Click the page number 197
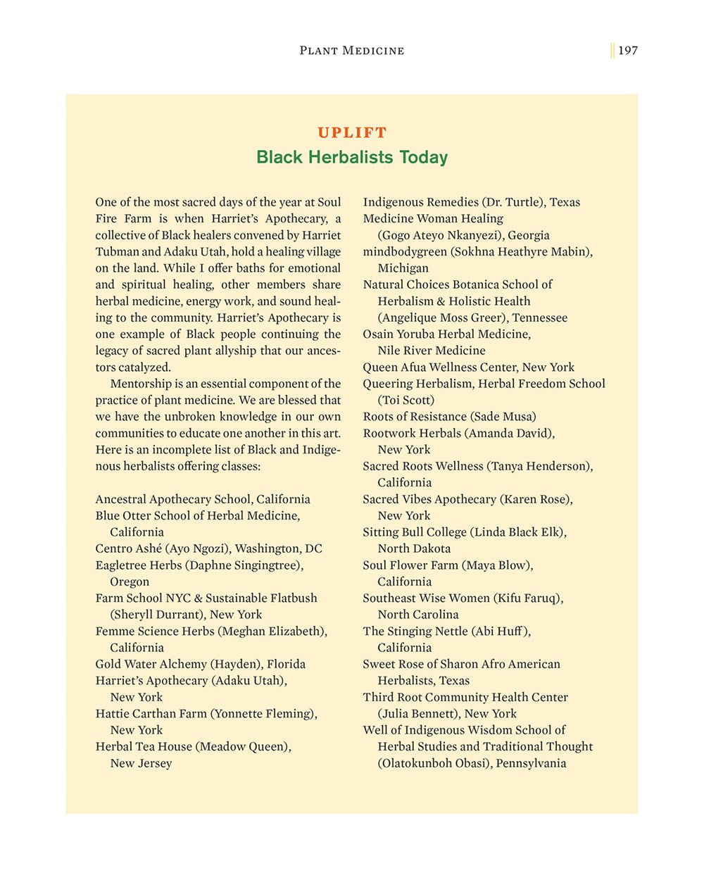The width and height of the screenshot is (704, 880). point(628,50)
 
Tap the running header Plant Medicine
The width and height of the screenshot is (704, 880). point(351,50)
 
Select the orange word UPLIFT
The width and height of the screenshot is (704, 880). point(352,132)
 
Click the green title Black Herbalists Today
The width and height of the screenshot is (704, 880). point(352,157)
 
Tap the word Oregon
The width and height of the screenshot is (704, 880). point(130,582)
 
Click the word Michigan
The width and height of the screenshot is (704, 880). point(403,268)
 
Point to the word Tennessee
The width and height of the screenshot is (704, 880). point(539,318)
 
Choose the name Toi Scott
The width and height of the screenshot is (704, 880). point(406,400)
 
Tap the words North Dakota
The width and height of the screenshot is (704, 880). point(414,548)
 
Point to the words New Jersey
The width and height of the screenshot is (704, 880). point(141,763)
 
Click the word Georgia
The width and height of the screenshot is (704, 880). point(528,235)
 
